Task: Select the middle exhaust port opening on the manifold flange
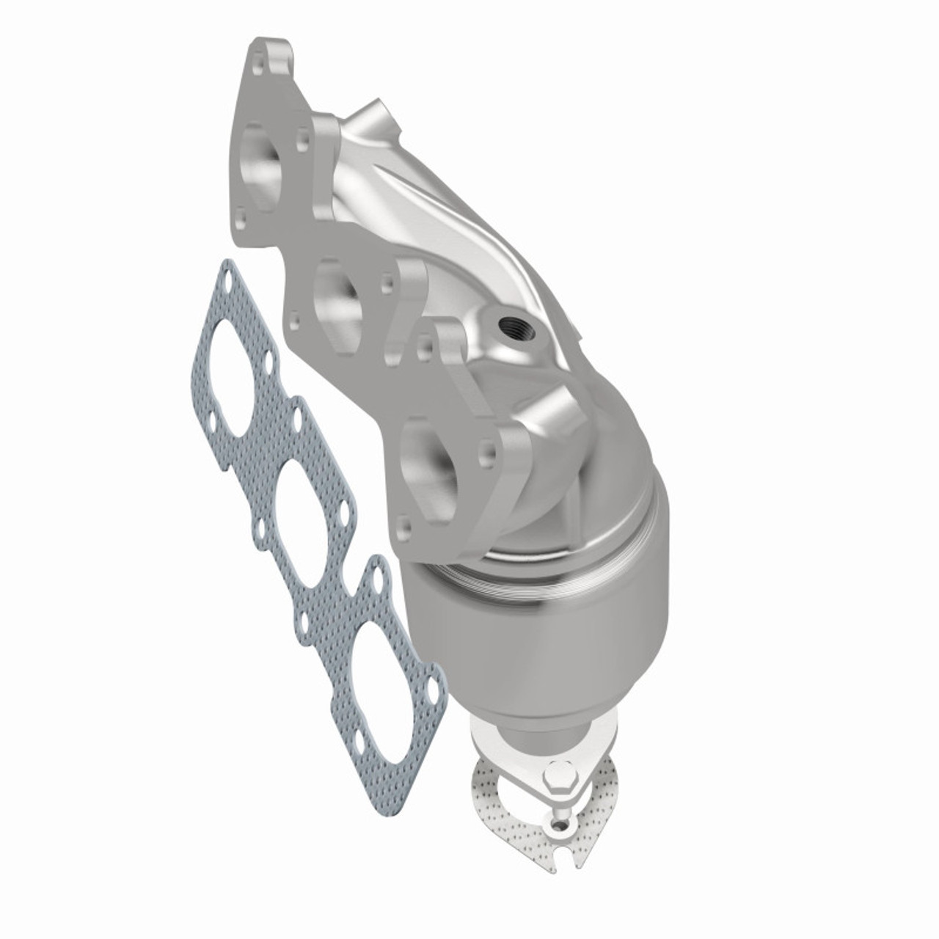pos(337,291)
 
